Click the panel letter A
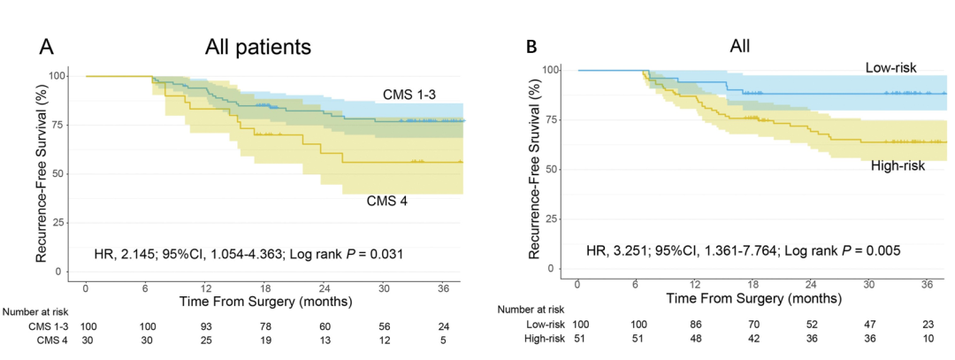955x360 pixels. [x=48, y=47]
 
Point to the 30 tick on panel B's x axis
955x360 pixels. [x=870, y=284]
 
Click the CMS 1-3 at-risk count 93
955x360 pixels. [x=204, y=326]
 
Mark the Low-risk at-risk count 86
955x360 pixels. [x=694, y=325]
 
